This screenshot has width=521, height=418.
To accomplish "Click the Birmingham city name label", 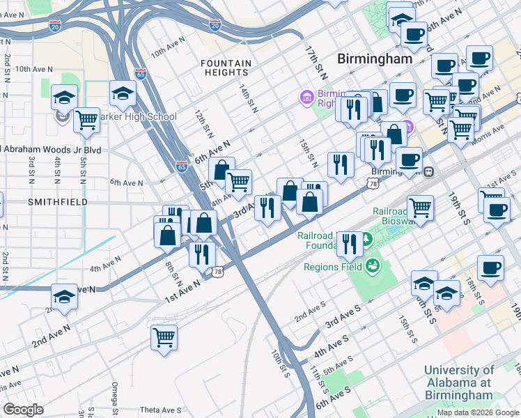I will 375,59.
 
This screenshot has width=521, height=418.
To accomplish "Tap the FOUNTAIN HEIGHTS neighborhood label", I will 226,68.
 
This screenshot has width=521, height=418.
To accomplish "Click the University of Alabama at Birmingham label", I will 458,383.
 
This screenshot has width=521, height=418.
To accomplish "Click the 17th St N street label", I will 316,61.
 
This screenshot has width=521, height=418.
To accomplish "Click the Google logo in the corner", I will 23,410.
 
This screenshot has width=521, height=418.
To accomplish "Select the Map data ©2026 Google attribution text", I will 478,412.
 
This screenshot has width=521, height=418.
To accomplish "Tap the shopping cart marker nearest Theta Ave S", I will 164,338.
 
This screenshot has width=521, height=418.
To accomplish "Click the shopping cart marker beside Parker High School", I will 87,121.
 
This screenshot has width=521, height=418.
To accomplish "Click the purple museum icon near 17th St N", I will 306,98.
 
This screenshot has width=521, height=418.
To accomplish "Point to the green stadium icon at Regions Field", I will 372,265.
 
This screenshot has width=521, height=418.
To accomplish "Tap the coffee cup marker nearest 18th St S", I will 490,268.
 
